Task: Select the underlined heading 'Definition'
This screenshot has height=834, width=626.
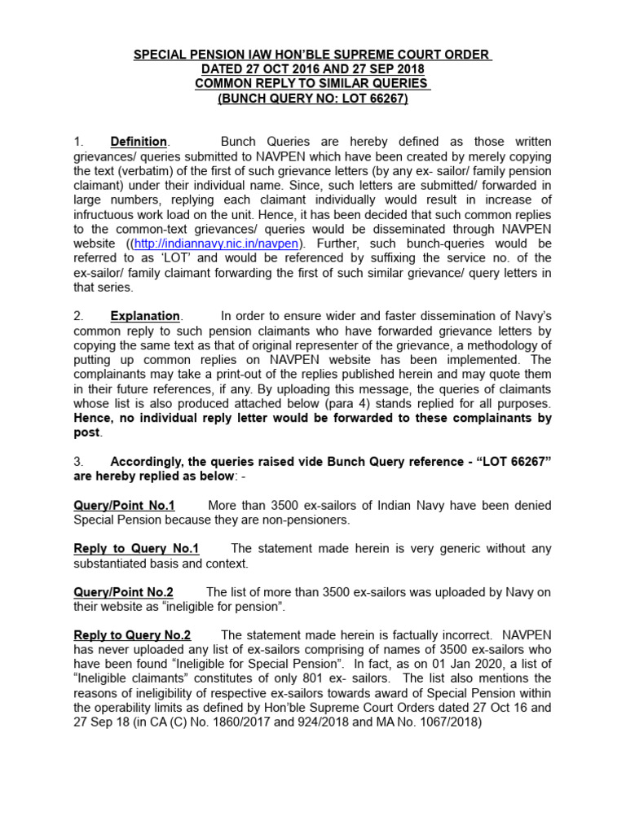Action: [139, 141]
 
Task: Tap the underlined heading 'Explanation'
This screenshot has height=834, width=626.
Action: [145, 315]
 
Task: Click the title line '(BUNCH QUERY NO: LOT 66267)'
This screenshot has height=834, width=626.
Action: [312, 99]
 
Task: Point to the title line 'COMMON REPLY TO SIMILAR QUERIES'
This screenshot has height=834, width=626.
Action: [312, 84]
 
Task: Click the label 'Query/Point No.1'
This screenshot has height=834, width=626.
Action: [124, 506]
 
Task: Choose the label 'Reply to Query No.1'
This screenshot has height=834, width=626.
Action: [136, 549]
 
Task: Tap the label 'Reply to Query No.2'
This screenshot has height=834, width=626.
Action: [132, 635]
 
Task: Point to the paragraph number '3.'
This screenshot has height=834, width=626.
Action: [78, 462]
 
